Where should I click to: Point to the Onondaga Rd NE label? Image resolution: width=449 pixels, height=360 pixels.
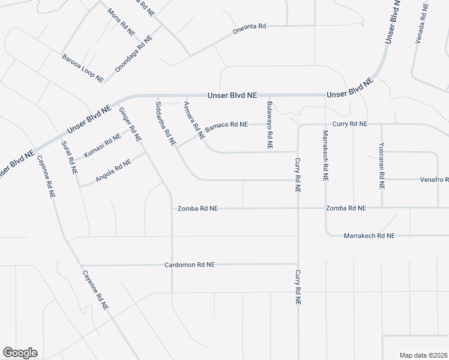pos(134,54)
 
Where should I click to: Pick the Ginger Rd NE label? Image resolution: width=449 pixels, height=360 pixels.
pos(130,124)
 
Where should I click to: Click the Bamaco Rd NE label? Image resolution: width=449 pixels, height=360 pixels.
pos(226,126)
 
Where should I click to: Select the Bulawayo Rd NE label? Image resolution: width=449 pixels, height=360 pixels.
pos(270,125)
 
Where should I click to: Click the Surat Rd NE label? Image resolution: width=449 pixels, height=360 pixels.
pos(69,157)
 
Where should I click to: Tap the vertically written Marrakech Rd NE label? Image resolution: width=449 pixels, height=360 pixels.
pos(325,155)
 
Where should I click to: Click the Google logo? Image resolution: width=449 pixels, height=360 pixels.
pos(20,353)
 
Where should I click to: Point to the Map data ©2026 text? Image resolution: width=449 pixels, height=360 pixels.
pos(423,355)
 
